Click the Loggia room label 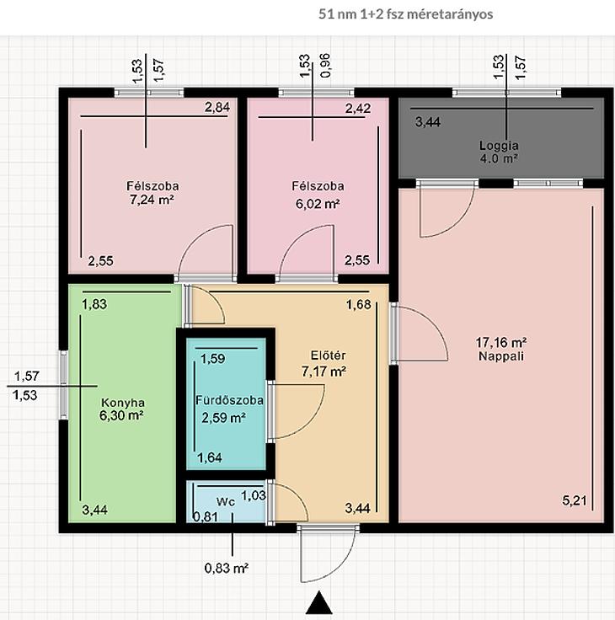[499, 146]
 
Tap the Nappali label [501, 356]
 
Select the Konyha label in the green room [123, 403]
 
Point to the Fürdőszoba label [229, 400]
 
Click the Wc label [226, 502]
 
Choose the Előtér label [328, 355]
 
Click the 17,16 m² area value [500, 342]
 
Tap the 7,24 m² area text [152, 200]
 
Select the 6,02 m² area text [318, 204]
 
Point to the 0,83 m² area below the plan [227, 569]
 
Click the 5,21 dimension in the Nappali [575, 501]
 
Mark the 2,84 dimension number [217, 107]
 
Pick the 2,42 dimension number [358, 108]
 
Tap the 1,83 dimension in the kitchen [94, 304]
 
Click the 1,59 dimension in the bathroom [213, 358]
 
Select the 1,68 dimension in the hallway [359, 304]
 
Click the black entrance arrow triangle [319, 602]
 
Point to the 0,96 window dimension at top [325, 65]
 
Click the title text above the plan [406, 14]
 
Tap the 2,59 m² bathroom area [224, 418]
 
